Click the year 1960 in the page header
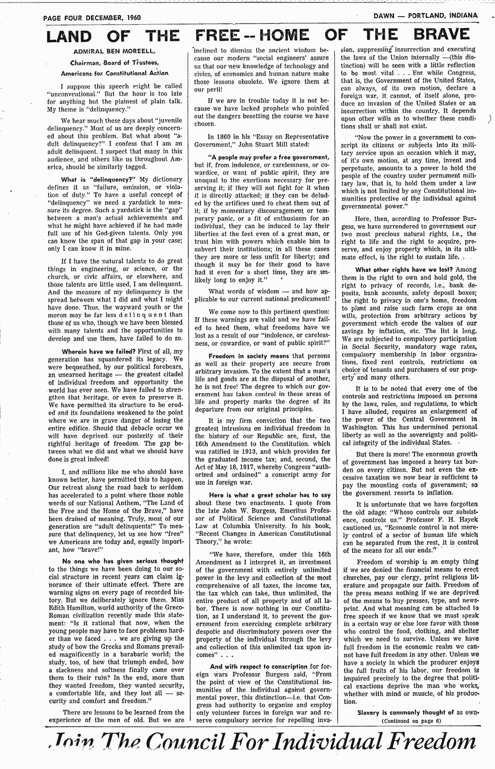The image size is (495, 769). point(132,17)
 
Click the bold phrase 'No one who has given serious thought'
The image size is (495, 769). point(122,561)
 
